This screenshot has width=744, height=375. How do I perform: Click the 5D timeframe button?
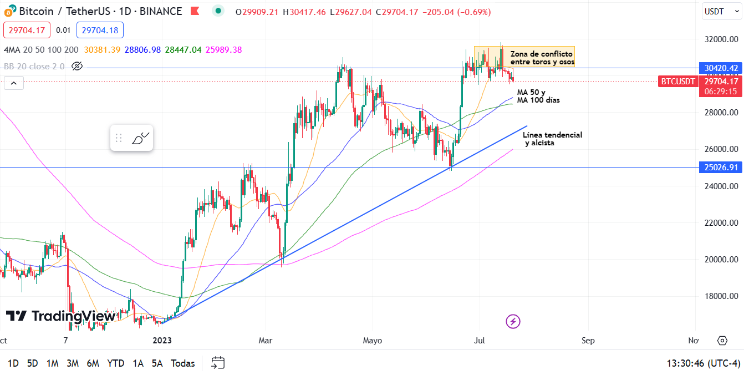[33, 363]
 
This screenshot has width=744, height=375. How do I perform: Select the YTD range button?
[115, 363]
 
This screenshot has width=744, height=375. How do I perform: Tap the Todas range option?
[183, 363]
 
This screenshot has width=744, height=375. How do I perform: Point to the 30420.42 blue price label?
[721, 68]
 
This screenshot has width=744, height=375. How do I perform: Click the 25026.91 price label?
[721, 167]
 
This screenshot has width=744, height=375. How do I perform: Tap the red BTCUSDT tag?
[677, 82]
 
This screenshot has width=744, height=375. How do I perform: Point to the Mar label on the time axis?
[266, 340]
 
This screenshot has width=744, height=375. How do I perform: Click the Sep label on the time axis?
[588, 340]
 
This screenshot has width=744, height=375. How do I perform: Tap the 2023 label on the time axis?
[162, 340]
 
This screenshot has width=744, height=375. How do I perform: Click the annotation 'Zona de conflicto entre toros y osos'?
[542, 58]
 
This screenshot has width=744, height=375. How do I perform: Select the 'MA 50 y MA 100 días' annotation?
[538, 96]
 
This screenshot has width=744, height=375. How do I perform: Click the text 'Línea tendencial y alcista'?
[552, 139]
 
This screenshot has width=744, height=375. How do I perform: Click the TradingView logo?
[61, 316]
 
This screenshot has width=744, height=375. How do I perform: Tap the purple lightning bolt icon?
[513, 321]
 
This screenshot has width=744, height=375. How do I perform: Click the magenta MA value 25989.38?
[223, 50]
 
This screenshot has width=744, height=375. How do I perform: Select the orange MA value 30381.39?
[102, 50]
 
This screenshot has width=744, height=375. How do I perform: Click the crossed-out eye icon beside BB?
[77, 67]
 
